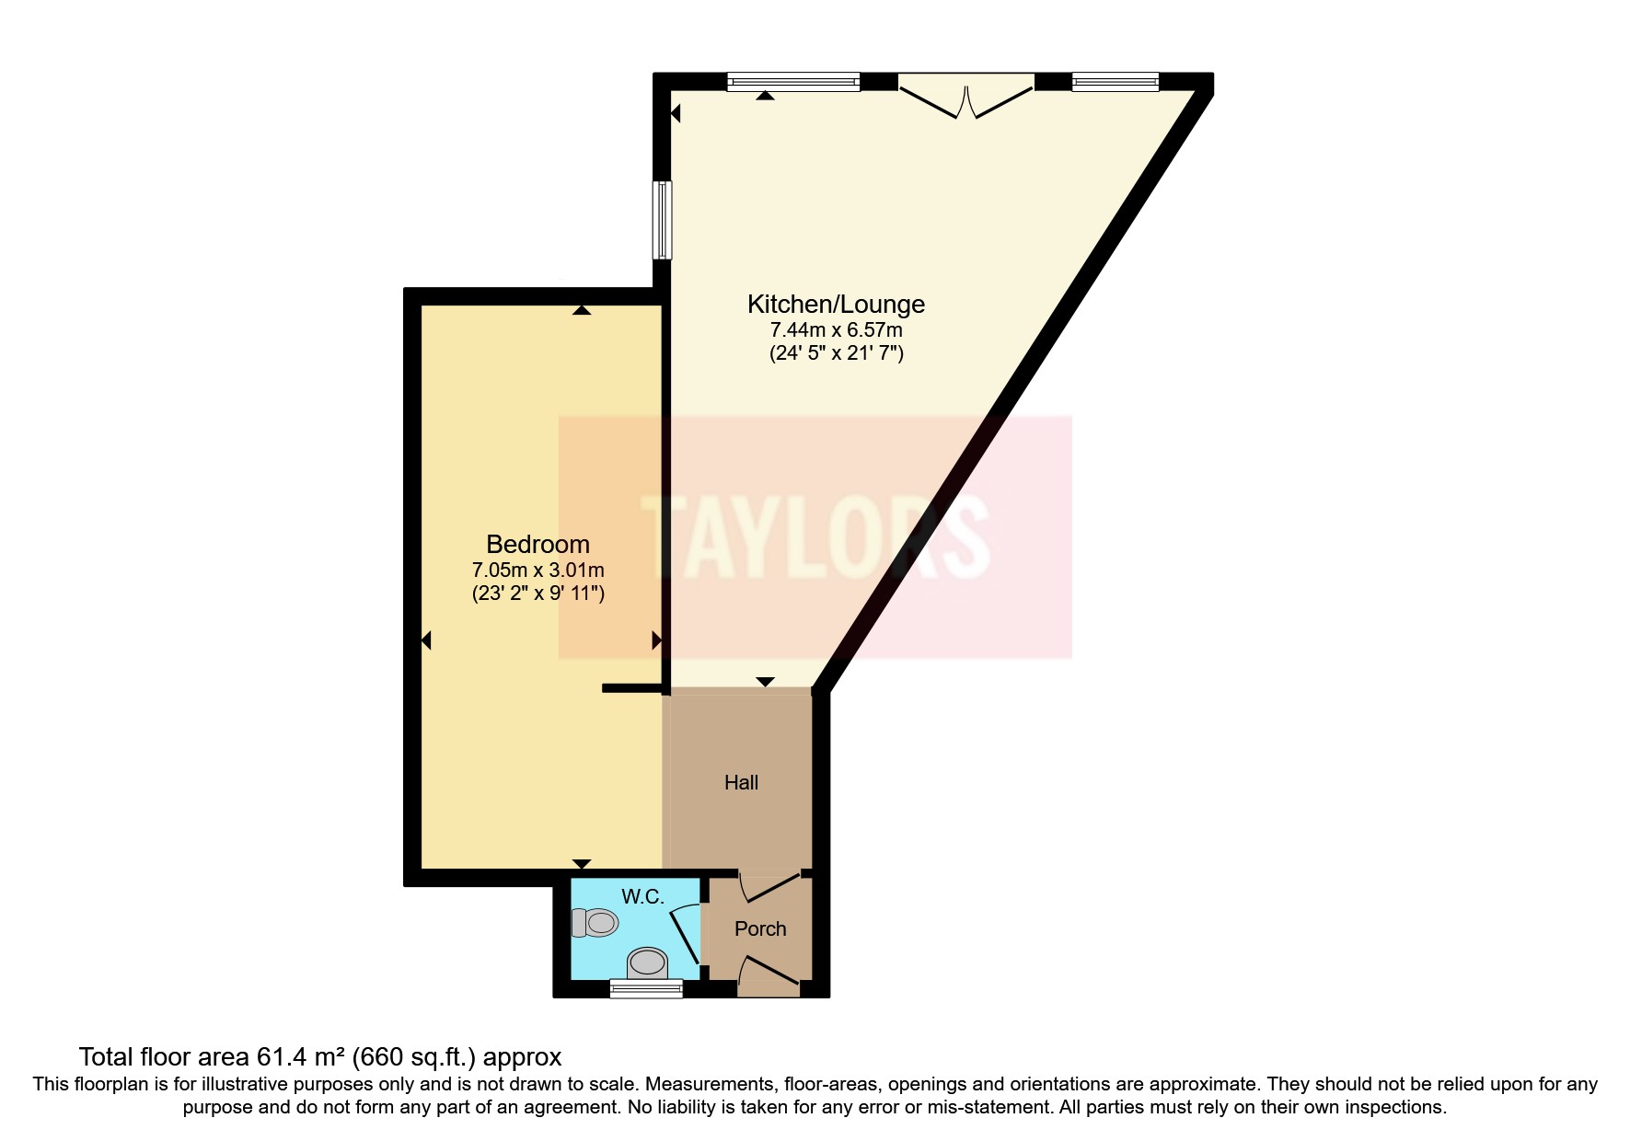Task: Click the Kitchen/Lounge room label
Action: [x=836, y=305]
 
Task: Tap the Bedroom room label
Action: [x=538, y=545]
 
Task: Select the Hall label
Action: [x=741, y=783]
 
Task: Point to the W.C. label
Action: [x=642, y=897]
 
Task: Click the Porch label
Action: [x=760, y=929]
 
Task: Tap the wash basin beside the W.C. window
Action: [x=647, y=962]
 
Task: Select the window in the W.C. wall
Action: [x=646, y=989]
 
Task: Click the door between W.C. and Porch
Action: [x=686, y=933]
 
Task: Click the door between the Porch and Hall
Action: [x=769, y=886]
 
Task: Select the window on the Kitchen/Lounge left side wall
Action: [x=662, y=220]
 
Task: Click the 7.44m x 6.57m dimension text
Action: [x=836, y=329]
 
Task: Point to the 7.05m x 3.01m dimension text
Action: [x=538, y=570]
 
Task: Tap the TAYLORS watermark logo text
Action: [x=815, y=536]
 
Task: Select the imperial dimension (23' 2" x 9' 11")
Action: [x=538, y=594]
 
